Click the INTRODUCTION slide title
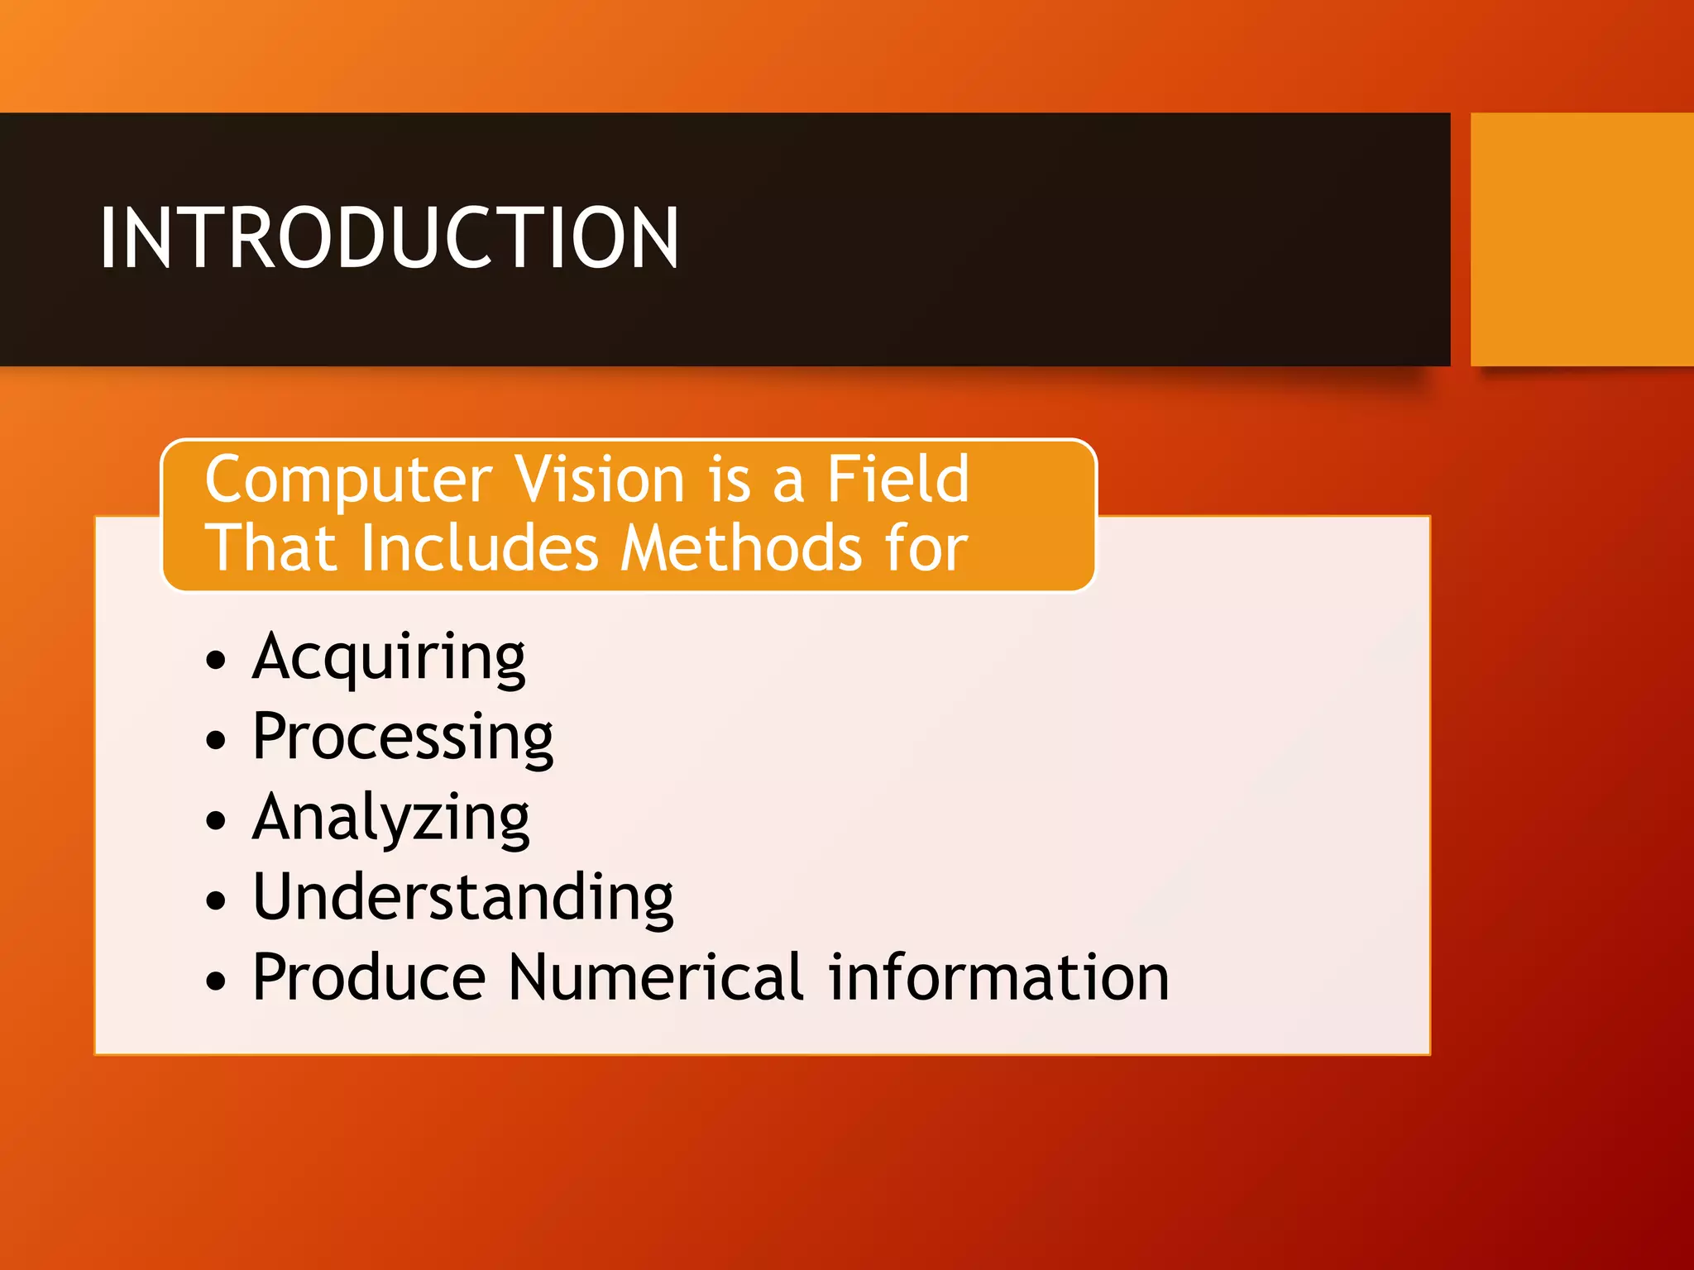pos(389,238)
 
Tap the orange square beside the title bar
pos(1582,239)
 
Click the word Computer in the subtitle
pos(348,480)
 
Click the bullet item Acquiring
pos(389,658)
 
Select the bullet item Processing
pos(403,738)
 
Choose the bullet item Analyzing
pos(390,818)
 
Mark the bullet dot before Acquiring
pos(216,661)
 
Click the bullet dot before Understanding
pos(216,900)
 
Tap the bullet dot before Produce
pos(216,981)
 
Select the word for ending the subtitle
pos(926,548)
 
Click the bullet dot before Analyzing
pos(216,820)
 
